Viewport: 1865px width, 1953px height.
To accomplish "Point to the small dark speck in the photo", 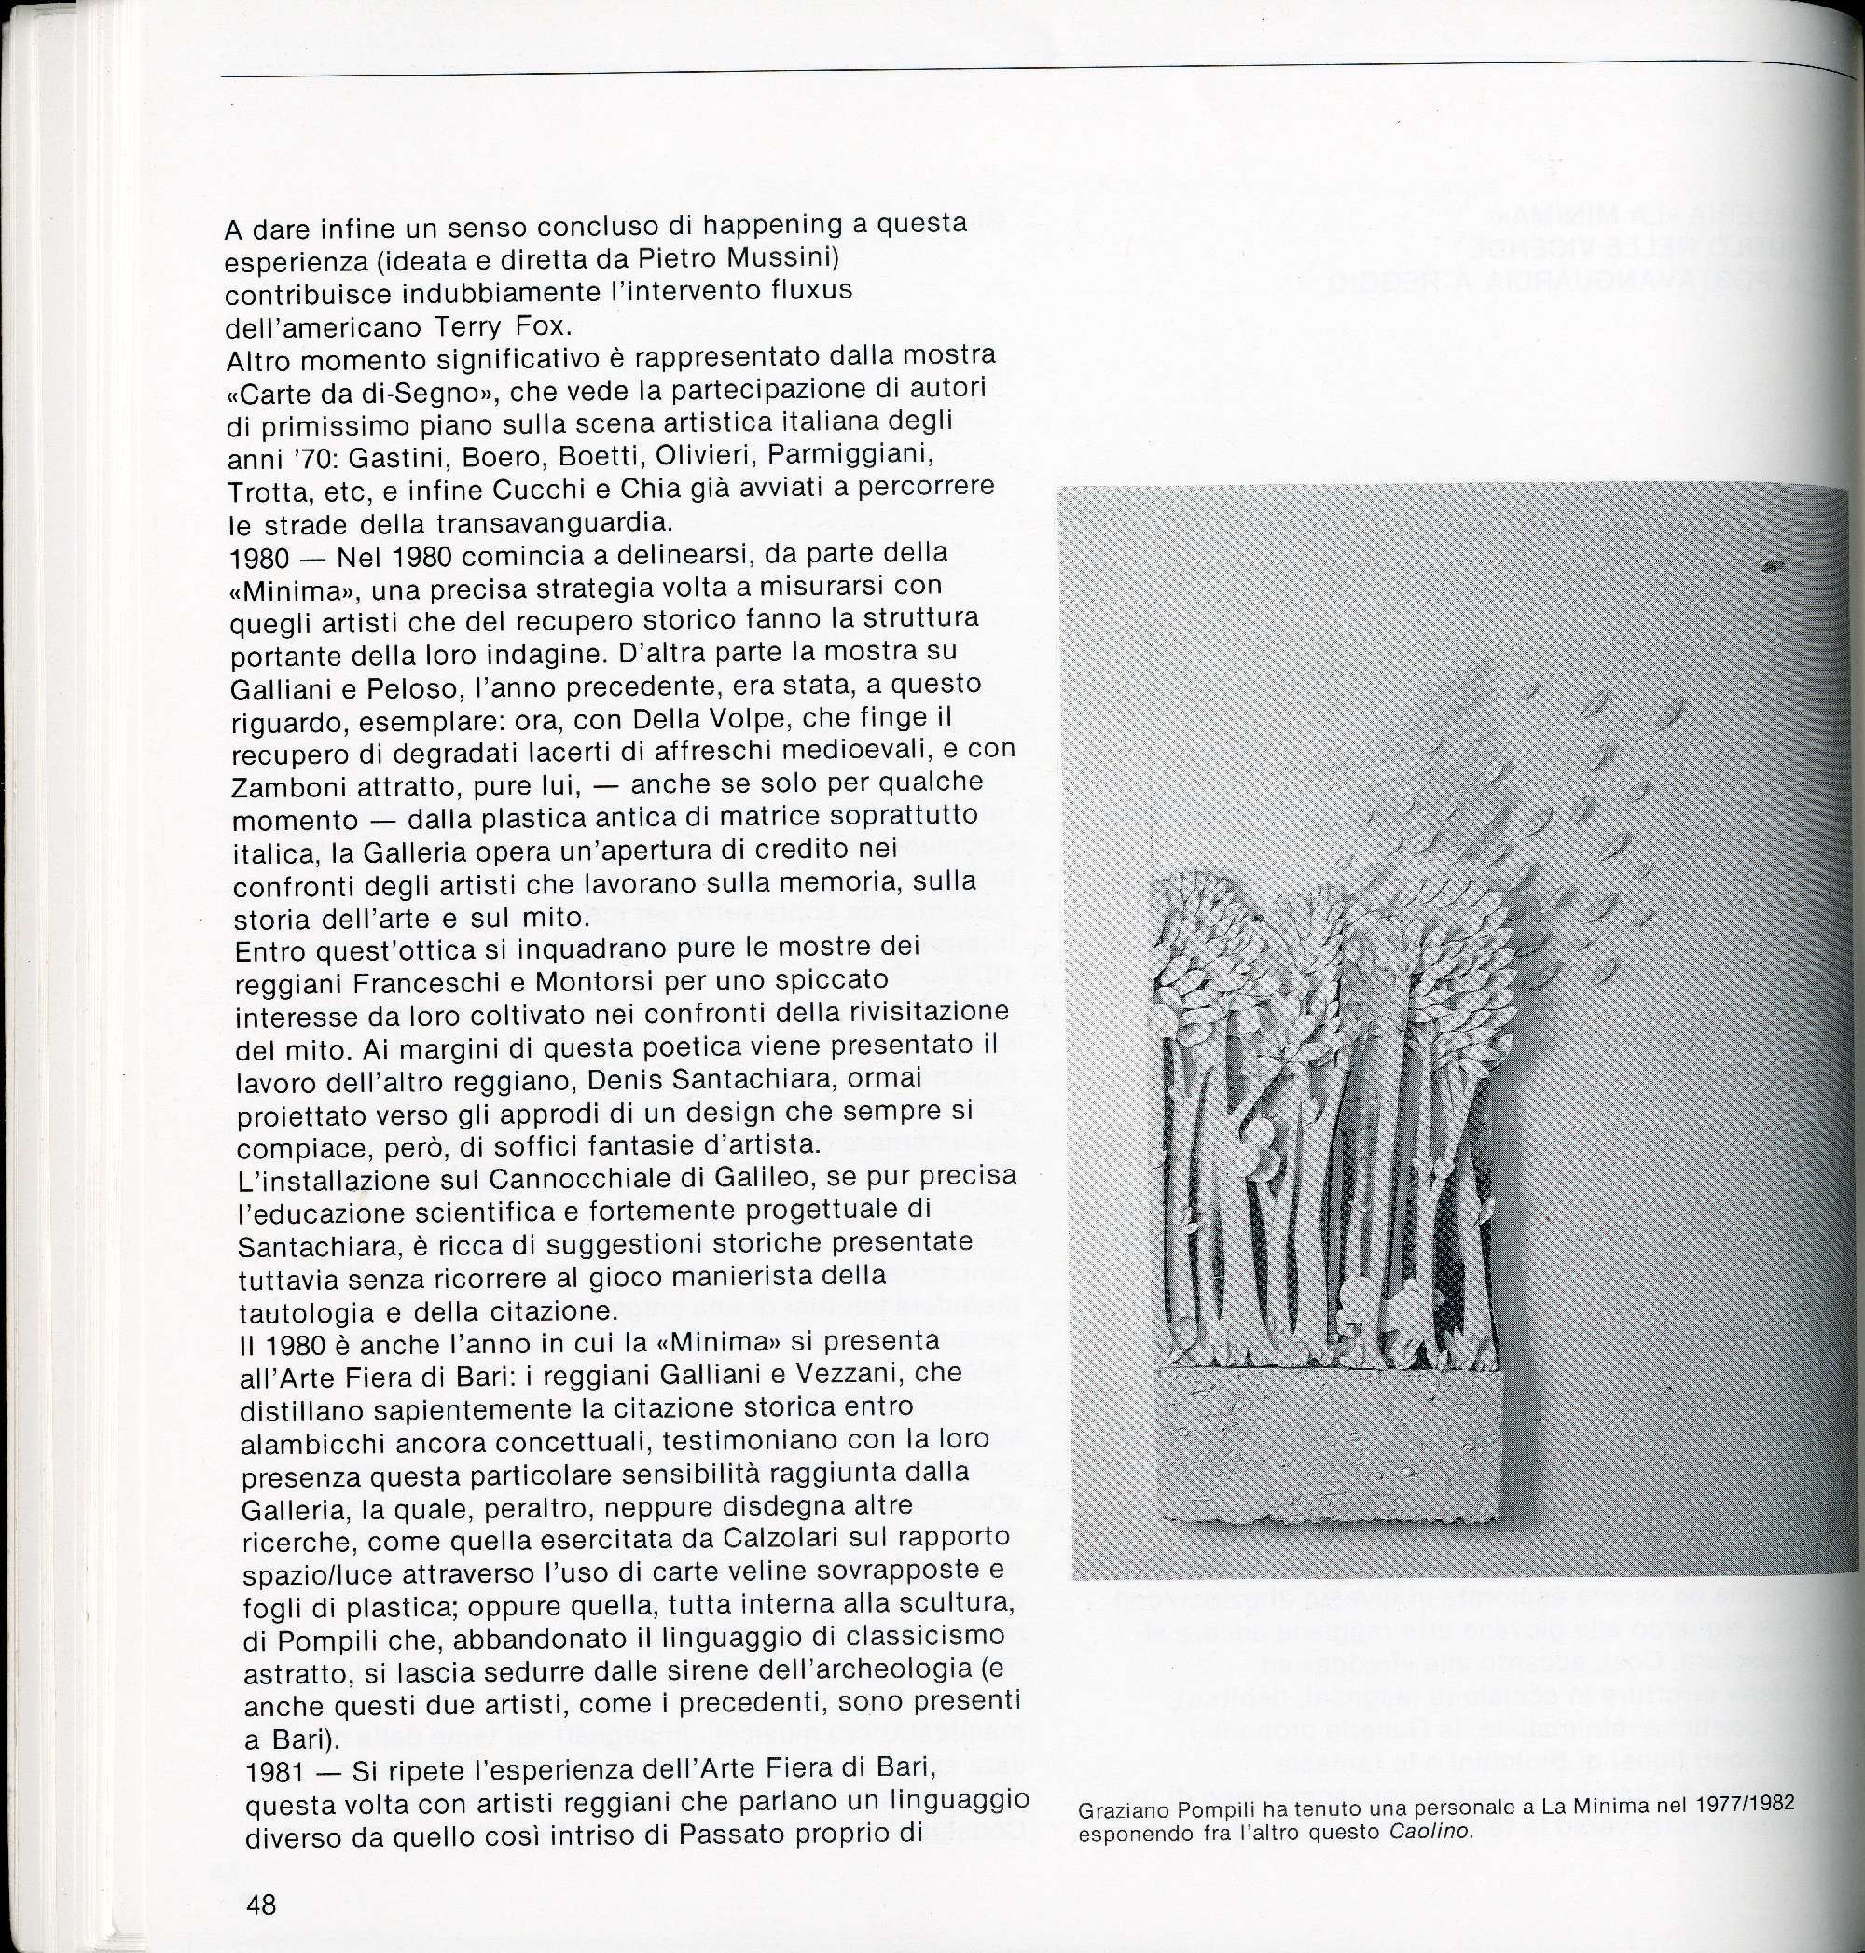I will pos(1772,567).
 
